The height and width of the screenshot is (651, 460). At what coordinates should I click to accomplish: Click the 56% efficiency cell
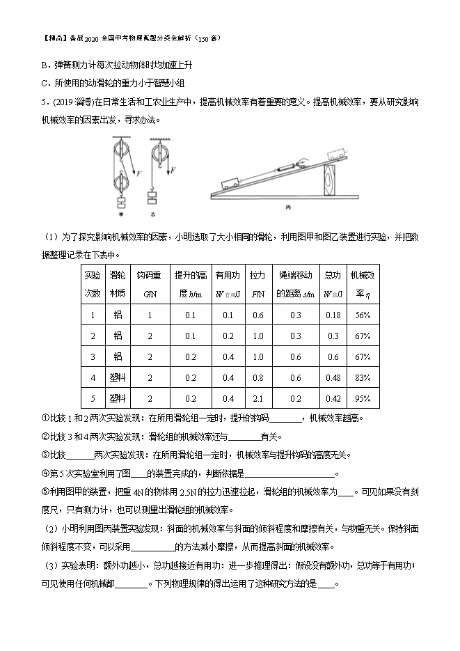click(x=361, y=315)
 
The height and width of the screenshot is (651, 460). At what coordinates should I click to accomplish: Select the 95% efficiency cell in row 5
click(x=361, y=398)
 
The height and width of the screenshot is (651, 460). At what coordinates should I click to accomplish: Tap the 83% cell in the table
click(x=361, y=377)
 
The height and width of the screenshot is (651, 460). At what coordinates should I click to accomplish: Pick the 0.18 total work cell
click(x=333, y=315)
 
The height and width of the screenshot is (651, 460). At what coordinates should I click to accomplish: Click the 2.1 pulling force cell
click(x=257, y=398)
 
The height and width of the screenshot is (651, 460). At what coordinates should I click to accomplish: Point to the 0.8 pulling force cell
click(x=257, y=377)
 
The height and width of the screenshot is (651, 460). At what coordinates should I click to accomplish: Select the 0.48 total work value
click(x=333, y=377)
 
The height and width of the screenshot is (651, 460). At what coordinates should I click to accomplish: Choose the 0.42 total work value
click(x=333, y=398)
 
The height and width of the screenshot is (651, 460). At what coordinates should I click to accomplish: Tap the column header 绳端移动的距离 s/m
click(x=295, y=283)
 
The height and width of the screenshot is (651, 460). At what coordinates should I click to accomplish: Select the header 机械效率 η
click(x=361, y=283)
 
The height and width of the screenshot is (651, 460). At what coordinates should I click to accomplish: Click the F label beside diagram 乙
click(x=173, y=169)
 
